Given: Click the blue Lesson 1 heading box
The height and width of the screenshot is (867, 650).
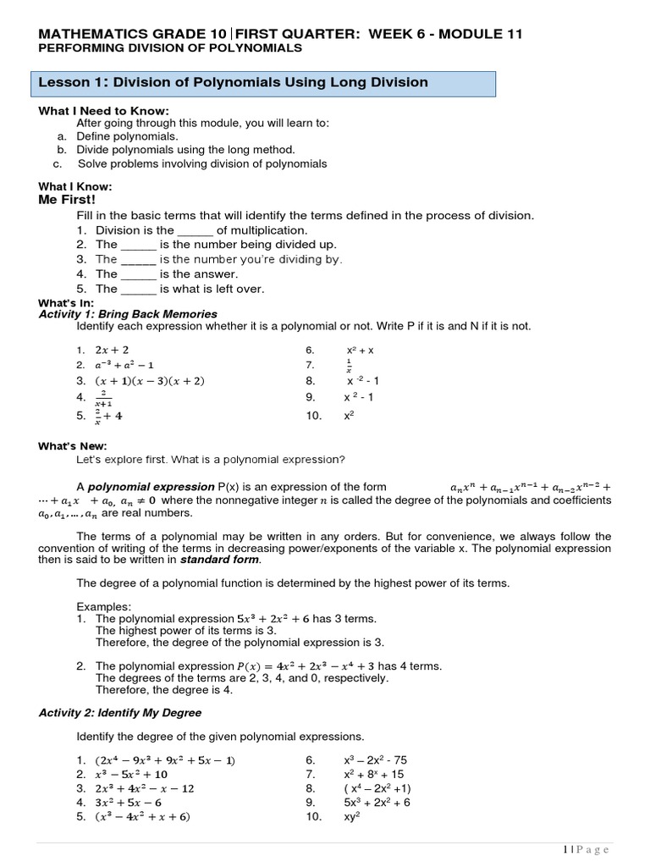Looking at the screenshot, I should pos(262,83).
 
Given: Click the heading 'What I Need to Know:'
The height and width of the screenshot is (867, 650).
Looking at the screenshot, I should pos(104,111).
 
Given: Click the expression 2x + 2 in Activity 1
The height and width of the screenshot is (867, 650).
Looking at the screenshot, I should pos(113,350).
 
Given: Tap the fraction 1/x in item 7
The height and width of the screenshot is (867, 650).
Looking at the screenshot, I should pos(349,366).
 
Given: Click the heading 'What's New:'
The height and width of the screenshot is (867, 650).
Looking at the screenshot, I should pos(73,446).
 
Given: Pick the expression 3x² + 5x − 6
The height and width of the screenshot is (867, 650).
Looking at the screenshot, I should pos(129,803).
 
